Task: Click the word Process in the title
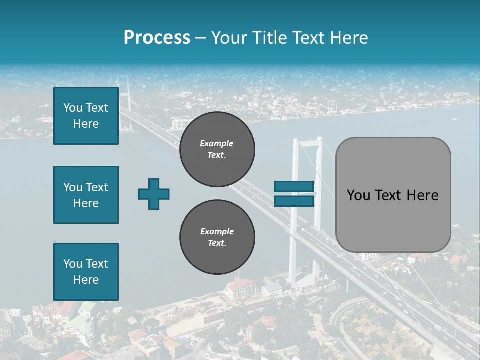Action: click(157, 38)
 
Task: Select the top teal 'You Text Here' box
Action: click(86, 116)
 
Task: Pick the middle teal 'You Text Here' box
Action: click(86, 195)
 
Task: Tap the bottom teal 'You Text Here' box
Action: click(86, 272)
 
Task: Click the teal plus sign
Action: click(154, 194)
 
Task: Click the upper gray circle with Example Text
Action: click(217, 149)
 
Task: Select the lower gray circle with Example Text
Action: click(217, 237)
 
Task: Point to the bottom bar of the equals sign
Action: click(294, 201)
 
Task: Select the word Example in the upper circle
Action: click(217, 143)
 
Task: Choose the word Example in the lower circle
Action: click(217, 231)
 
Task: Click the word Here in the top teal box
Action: click(86, 124)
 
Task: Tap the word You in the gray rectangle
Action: click(358, 195)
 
